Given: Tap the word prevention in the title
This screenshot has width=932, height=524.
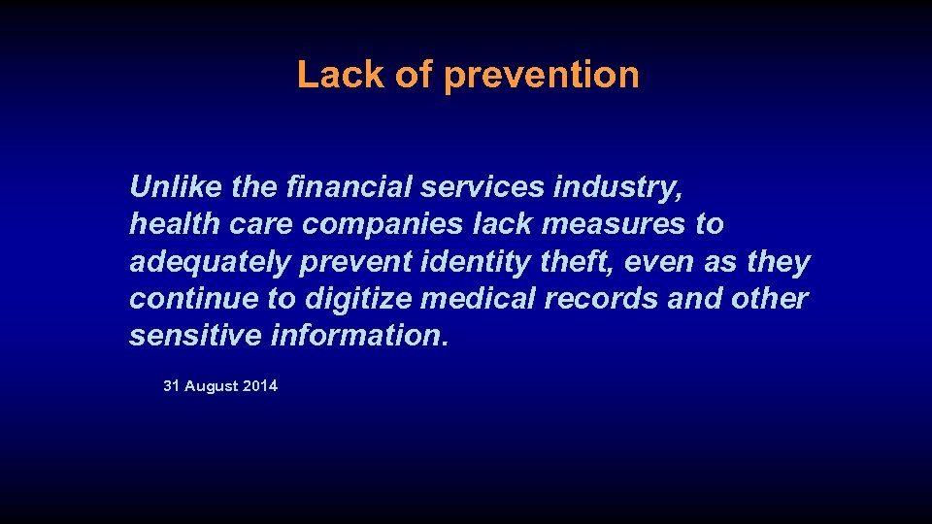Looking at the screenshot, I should click(541, 76).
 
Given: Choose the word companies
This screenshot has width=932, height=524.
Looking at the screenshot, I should click(383, 225).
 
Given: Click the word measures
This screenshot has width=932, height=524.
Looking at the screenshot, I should click(613, 223).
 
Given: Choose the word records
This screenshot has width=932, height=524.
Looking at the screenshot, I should click(601, 299).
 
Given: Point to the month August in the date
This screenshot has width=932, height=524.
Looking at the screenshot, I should click(211, 386).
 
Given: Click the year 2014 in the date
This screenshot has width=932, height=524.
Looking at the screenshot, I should click(259, 386).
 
